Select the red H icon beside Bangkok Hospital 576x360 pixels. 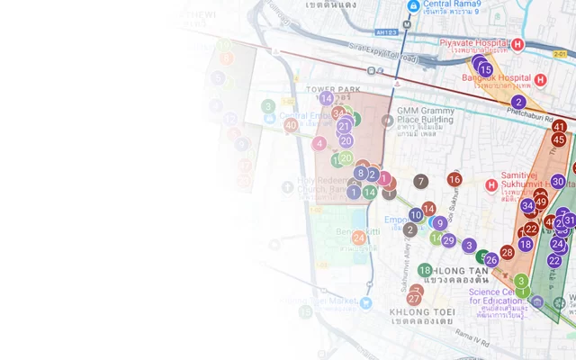point(540,79)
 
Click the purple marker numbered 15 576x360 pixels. point(485,69)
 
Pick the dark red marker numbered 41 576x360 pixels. point(559,127)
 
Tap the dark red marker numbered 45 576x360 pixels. point(559,139)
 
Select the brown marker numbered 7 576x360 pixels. point(420,182)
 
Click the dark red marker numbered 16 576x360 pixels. point(454,180)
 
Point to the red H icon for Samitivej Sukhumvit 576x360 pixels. point(491,185)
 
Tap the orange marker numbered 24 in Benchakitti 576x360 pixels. point(359,238)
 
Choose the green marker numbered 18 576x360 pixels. point(425,270)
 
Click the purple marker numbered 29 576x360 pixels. point(448,240)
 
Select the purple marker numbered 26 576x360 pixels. point(491,260)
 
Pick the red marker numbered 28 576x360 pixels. point(507,253)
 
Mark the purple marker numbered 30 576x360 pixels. point(558,181)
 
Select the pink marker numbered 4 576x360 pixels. point(319,143)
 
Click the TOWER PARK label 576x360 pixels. point(332,89)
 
